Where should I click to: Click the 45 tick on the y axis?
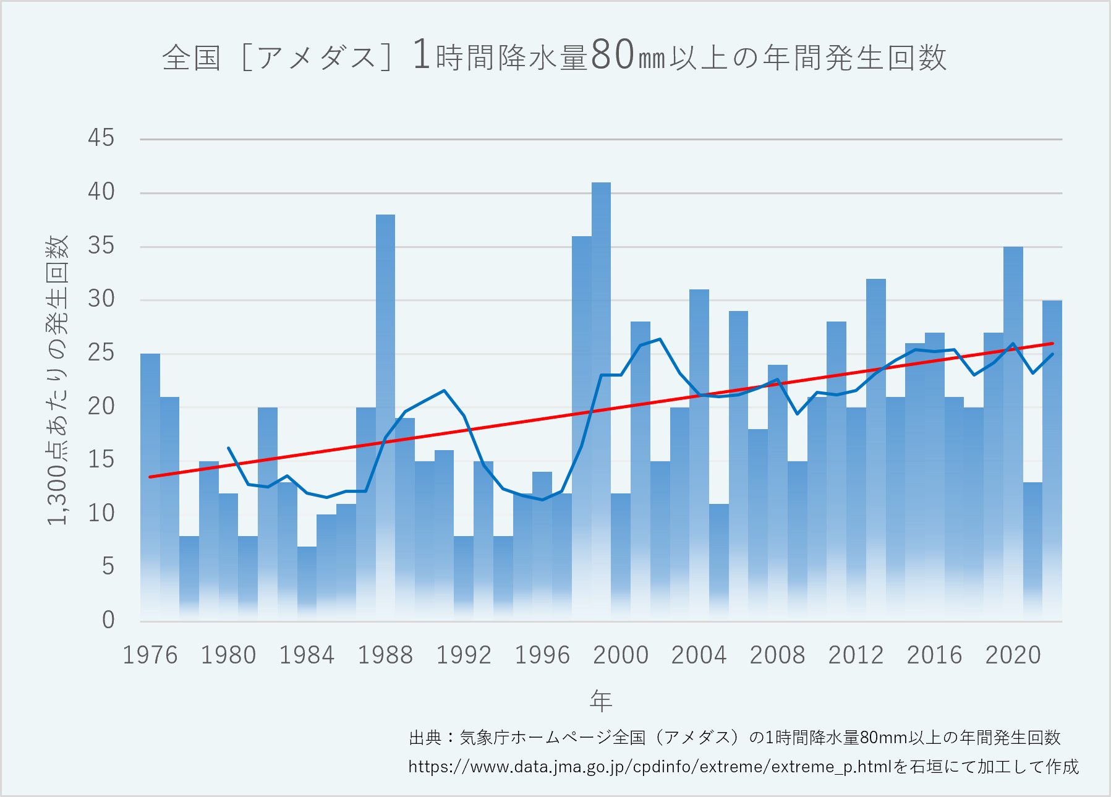[x=101, y=138]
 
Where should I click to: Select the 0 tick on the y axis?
[x=108, y=620]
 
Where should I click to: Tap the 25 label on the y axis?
[x=101, y=352]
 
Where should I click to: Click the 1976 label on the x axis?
[x=150, y=655]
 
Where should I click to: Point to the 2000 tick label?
[x=621, y=655]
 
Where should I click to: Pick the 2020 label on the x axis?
[x=1013, y=655]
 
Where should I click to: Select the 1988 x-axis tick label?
[x=385, y=655]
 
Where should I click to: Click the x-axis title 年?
[x=601, y=701]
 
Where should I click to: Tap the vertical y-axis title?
[x=57, y=380]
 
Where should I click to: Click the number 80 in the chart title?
[x=613, y=56]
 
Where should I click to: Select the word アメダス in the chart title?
[x=316, y=58]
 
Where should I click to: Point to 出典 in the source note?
[x=426, y=738]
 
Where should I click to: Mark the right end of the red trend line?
[x=1052, y=344]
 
